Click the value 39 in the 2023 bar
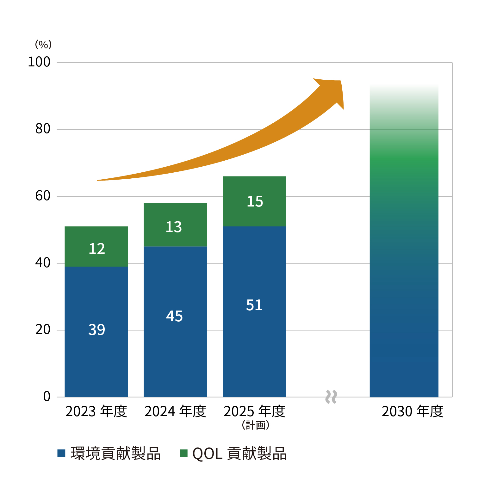96,330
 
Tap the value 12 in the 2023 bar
96,249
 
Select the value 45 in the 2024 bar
174,316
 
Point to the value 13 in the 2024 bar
174,227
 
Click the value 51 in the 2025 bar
254,305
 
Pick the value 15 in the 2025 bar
255,201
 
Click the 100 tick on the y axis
39,62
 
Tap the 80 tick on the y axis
43,129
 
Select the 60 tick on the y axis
43,196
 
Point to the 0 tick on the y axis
47,397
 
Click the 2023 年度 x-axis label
96,411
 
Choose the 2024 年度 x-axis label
175,411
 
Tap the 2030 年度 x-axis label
413,411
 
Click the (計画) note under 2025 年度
256,425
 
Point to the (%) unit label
43,44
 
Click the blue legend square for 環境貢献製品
61,453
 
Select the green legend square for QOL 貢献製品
183,453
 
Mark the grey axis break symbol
331,397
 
